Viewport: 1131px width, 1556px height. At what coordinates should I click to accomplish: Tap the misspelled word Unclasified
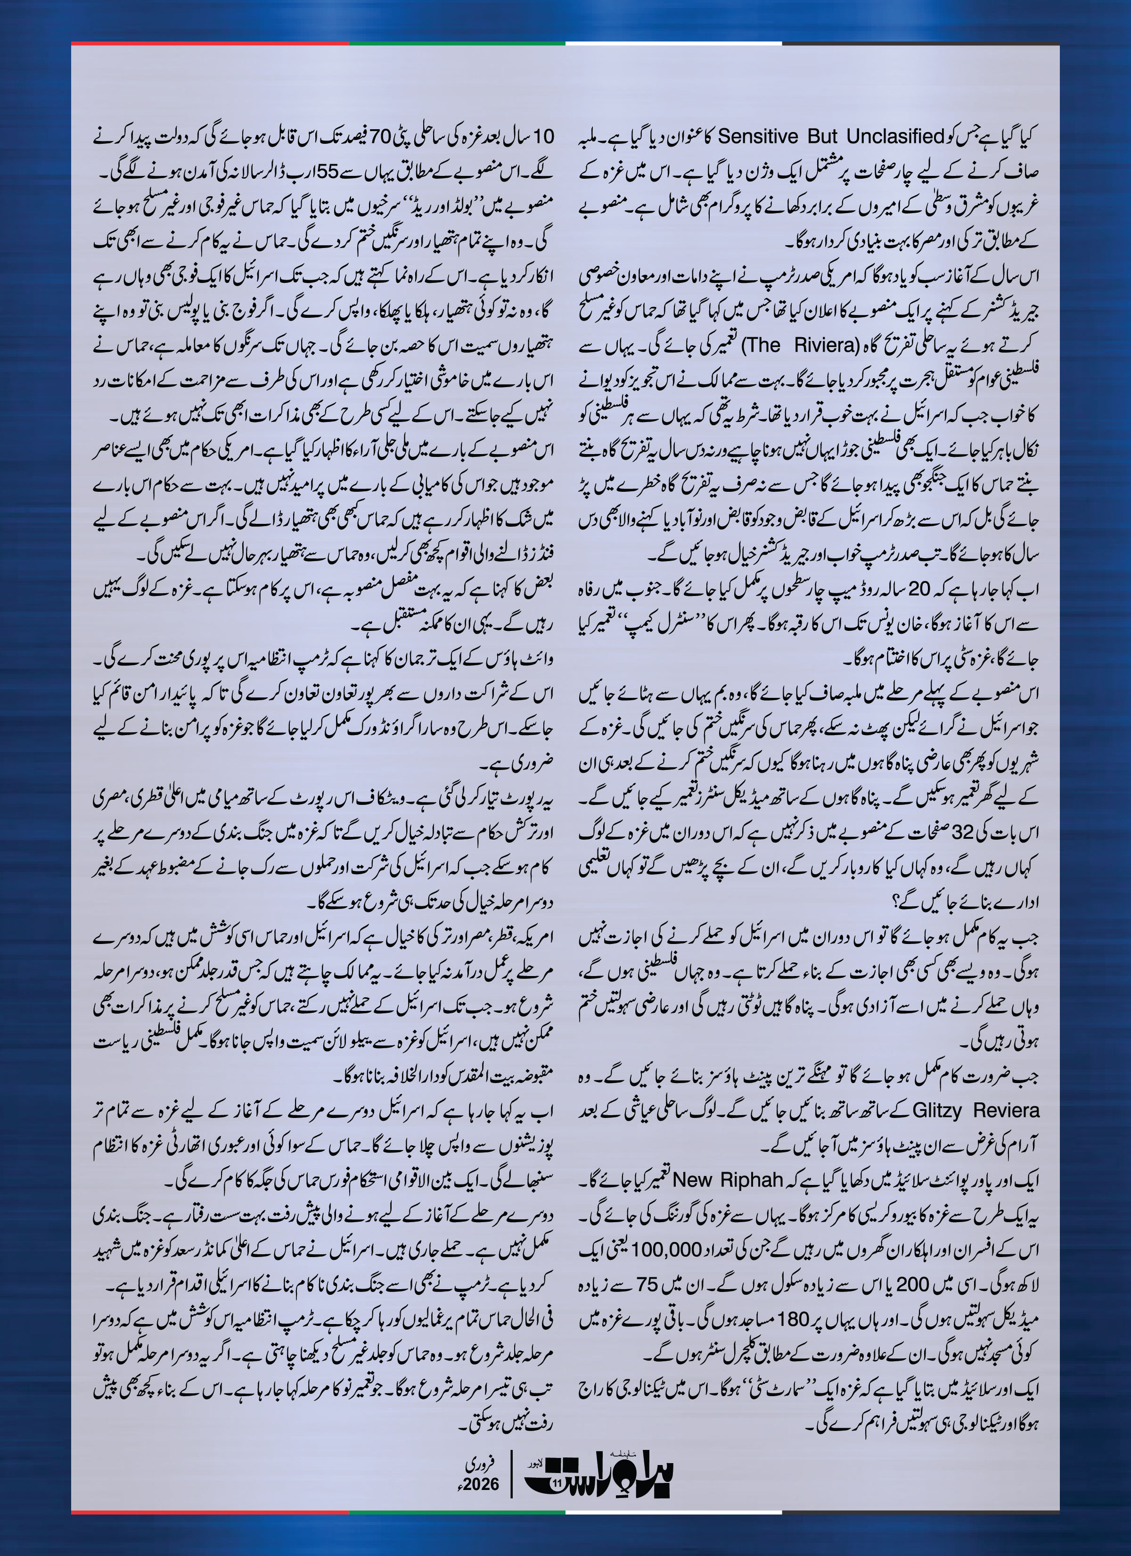(895, 137)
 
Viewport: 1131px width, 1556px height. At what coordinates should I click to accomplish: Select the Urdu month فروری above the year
(480, 1465)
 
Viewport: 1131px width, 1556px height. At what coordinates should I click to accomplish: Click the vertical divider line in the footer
(511, 1475)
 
